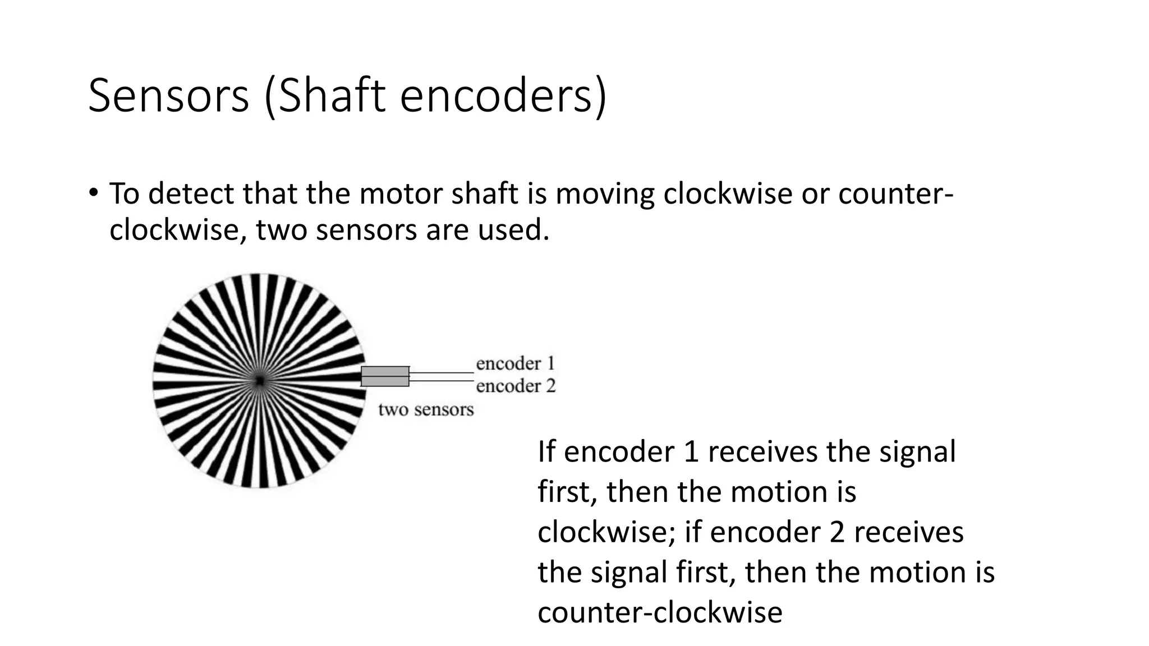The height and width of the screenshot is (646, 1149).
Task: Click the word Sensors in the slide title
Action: point(168,96)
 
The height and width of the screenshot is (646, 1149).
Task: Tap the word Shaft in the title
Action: point(332,96)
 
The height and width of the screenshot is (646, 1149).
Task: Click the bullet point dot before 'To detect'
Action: point(93,193)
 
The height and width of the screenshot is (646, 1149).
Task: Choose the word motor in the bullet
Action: point(399,194)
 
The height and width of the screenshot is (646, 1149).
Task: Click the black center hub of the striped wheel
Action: point(259,381)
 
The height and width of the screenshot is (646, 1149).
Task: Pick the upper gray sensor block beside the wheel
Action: point(385,371)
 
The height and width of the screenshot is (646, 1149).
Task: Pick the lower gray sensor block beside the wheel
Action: point(385,381)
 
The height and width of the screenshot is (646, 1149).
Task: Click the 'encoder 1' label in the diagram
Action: point(516,364)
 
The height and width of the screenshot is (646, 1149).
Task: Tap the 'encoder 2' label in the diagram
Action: point(516,386)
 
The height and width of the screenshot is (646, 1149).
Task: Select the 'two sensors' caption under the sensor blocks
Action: point(426,410)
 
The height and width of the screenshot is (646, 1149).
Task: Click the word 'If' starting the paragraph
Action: point(546,451)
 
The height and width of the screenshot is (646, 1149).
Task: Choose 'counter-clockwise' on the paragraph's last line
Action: point(660,612)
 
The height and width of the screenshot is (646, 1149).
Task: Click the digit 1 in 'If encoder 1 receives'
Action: point(691,452)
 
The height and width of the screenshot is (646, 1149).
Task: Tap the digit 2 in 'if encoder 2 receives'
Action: point(837,532)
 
